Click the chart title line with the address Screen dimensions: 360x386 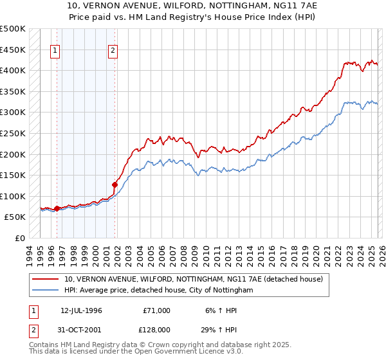coord(192,6)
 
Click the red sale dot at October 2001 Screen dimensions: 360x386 coord(115,184)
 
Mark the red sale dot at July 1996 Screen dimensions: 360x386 coord(57,208)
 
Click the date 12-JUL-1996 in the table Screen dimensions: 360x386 coord(81,310)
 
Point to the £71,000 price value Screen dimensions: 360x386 coord(155,310)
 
